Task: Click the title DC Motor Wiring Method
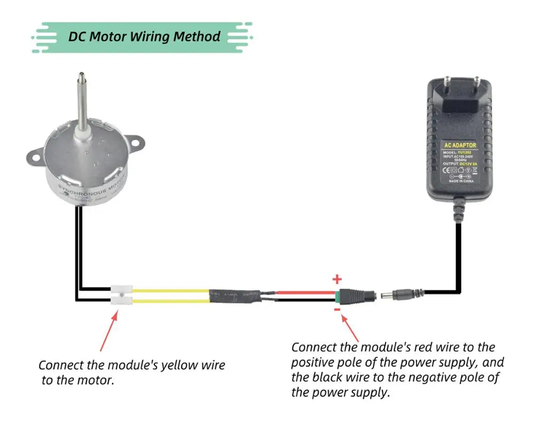point(144,36)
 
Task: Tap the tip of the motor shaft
point(82,76)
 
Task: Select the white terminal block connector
point(122,295)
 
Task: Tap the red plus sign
point(337,279)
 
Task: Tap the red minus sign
point(337,308)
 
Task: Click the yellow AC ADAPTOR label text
point(460,145)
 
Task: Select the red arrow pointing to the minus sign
point(352,327)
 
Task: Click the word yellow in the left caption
point(178,366)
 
